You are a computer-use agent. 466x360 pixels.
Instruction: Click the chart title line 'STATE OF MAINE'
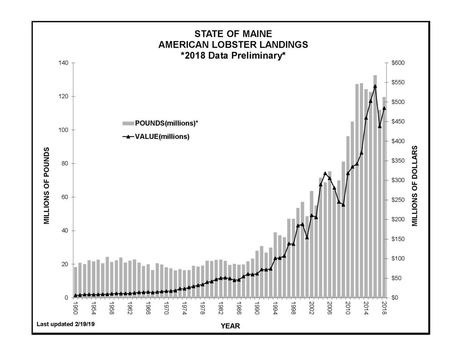[x=233, y=33]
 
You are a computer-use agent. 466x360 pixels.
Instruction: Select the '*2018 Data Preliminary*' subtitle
[x=233, y=56]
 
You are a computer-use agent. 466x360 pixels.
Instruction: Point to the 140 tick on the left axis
[x=64, y=63]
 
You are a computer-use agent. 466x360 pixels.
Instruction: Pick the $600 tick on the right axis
[x=398, y=63]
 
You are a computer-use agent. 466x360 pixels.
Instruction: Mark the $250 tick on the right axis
[x=398, y=200]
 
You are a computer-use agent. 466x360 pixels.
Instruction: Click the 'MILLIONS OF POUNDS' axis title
[x=47, y=186]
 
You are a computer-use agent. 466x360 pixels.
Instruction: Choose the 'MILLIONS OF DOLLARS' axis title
[x=415, y=186]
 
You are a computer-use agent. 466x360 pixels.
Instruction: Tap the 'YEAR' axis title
[x=230, y=326]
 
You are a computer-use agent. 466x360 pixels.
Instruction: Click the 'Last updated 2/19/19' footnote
[x=65, y=323]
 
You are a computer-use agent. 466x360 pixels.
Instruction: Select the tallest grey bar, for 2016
[x=375, y=186]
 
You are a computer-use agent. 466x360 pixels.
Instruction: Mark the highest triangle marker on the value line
[x=375, y=86]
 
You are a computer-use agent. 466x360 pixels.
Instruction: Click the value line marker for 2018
[x=384, y=108]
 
